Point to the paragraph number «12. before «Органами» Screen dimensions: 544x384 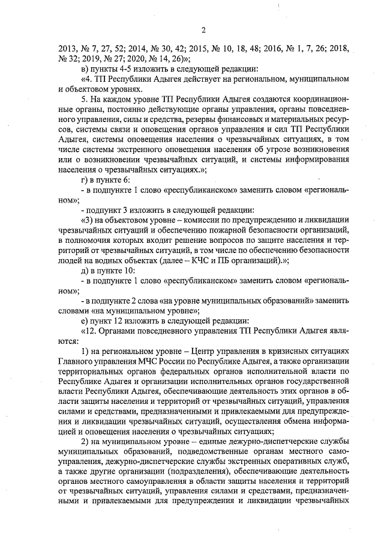pos(88,331)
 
